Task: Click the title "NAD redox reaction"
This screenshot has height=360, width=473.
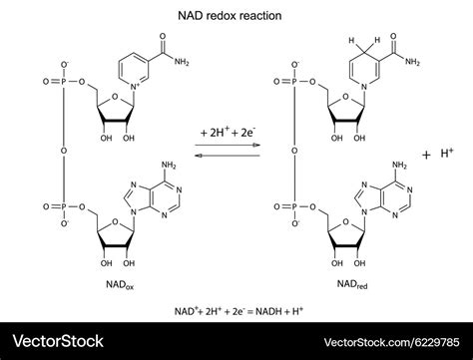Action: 230,16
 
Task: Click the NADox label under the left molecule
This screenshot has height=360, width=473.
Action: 120,285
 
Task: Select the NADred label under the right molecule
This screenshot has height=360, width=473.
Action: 352,284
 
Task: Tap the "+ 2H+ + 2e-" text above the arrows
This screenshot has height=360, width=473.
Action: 228,133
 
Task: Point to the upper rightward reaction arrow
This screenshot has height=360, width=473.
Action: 228,145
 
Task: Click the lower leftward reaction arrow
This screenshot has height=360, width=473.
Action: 228,156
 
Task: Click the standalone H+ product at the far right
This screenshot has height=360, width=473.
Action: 447,154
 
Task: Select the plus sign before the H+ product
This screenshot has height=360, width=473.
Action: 426,156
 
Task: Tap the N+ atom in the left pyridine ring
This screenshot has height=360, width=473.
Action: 135,87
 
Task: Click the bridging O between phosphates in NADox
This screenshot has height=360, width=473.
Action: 64,151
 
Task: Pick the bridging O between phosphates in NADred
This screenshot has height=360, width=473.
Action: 294,151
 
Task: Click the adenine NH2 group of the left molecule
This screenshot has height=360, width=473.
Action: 169,166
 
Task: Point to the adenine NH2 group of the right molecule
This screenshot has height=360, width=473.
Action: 399,165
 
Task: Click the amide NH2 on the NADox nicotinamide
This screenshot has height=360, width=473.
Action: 182,62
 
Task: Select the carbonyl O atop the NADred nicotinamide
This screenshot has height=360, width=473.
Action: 393,36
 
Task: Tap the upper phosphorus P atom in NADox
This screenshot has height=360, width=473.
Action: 64,82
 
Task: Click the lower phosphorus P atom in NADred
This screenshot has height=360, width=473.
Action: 294,206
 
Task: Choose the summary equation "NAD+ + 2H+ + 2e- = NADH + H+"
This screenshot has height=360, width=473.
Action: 238,311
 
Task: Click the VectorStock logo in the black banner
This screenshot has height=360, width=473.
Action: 58,341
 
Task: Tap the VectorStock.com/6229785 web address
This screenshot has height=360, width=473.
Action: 392,342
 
